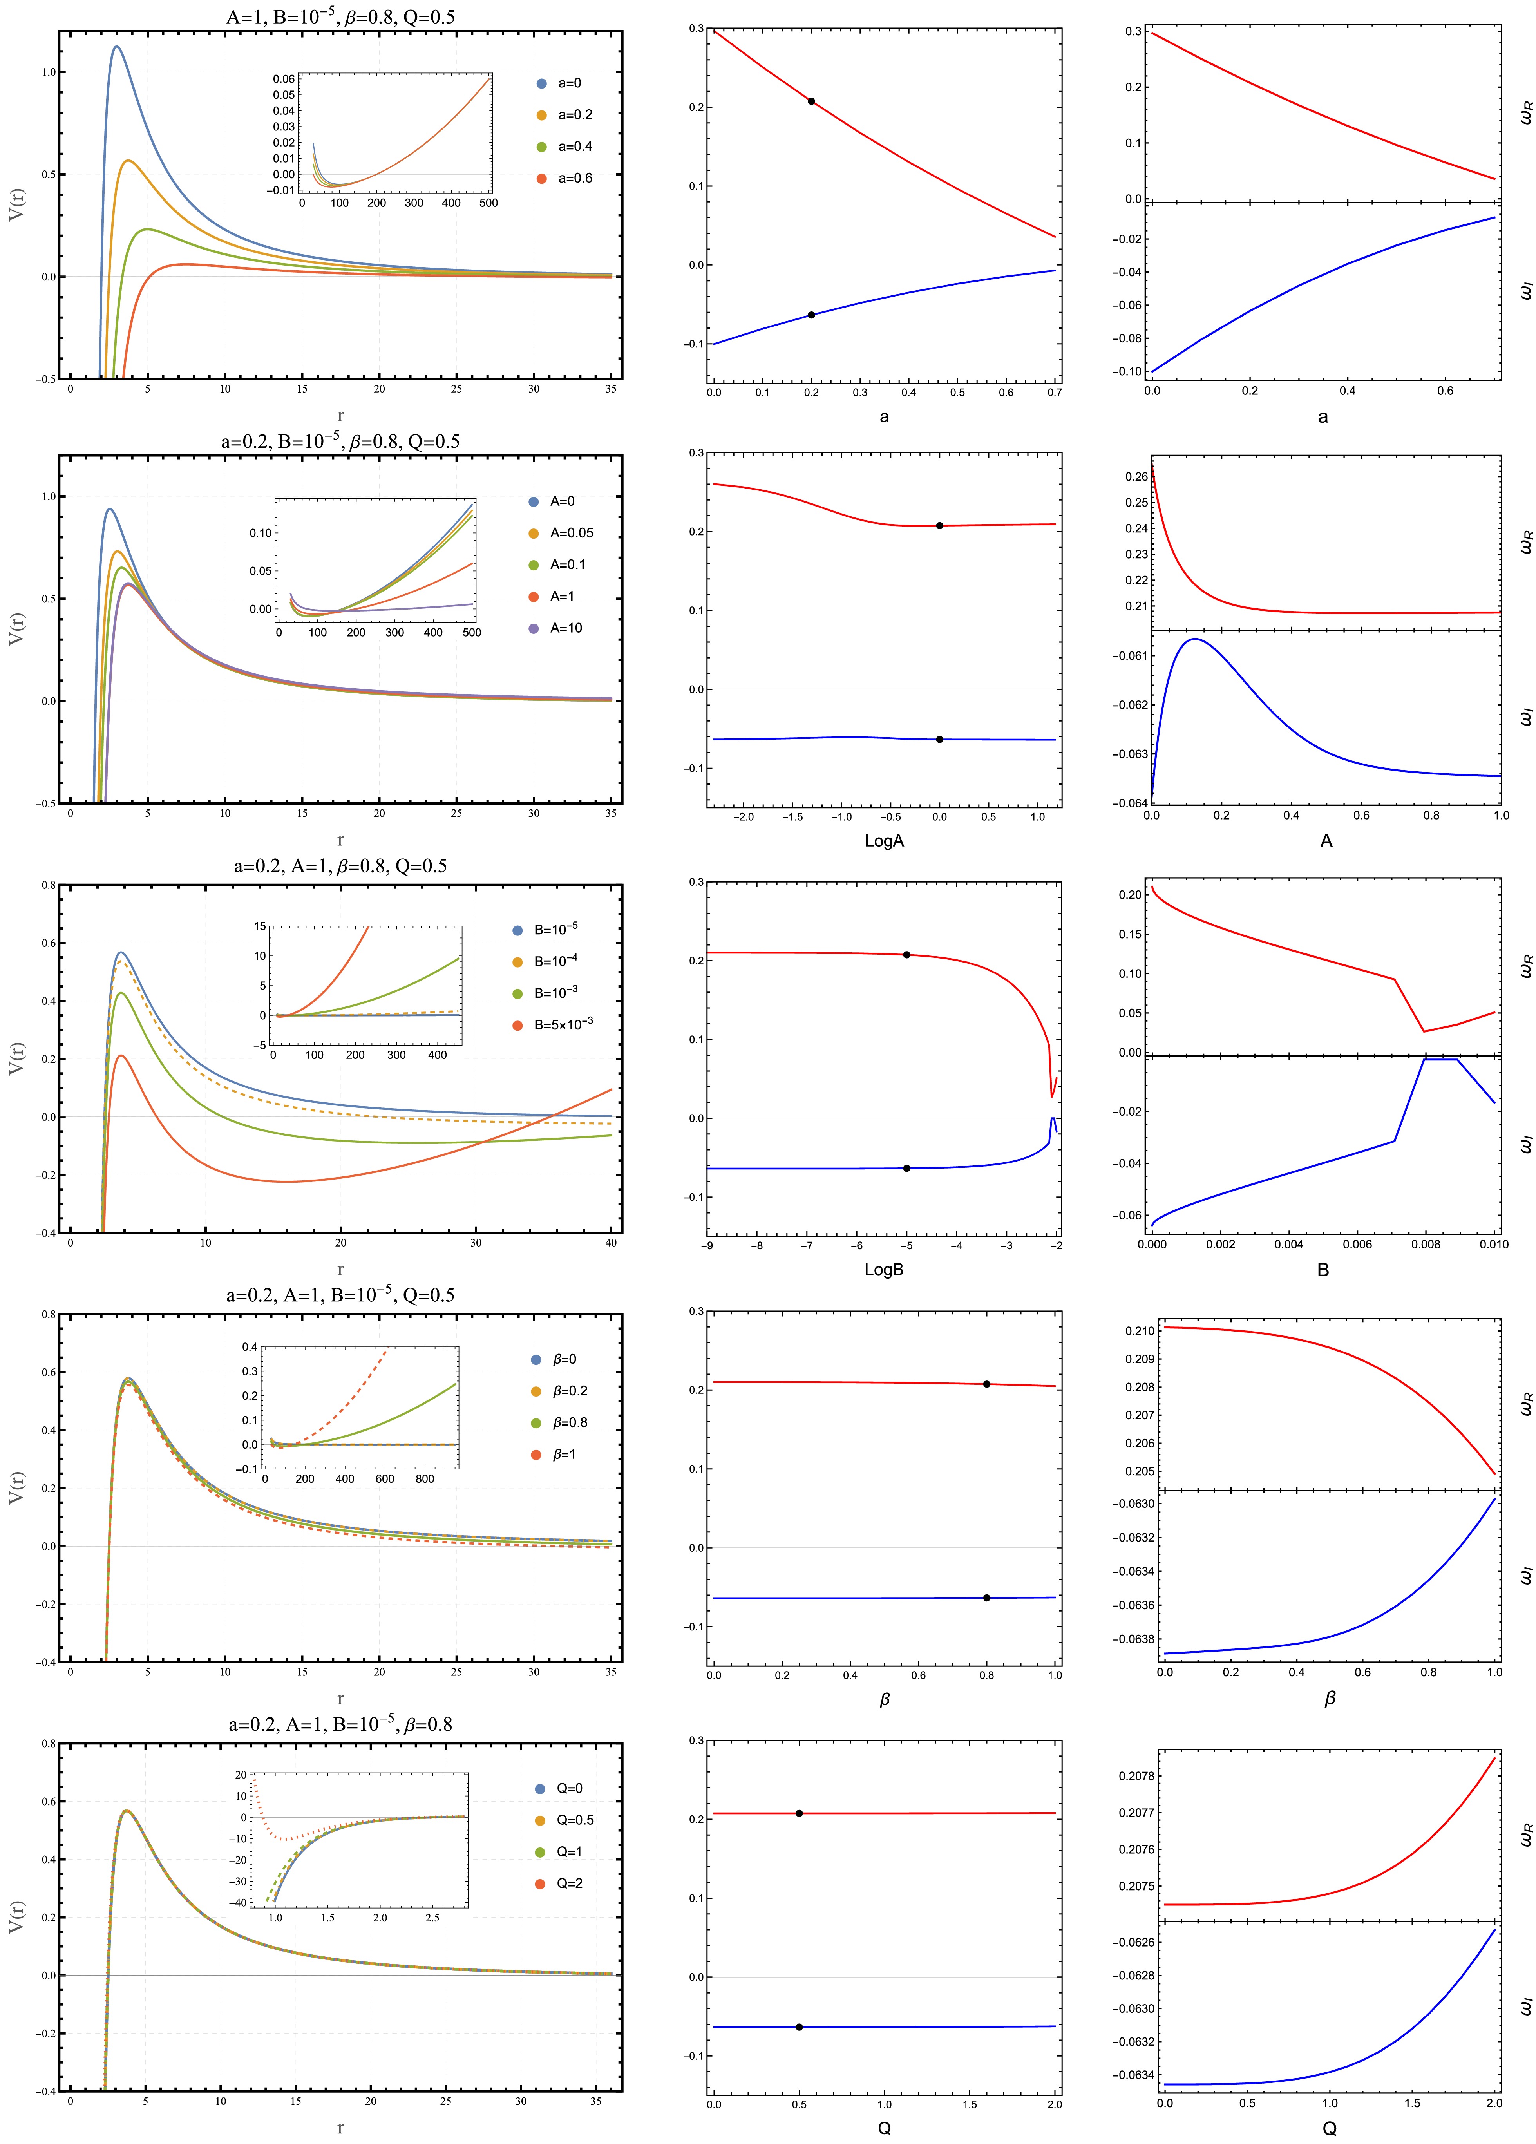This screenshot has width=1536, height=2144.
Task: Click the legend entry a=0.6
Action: coord(565,178)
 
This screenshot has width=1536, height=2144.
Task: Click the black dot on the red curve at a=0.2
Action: coord(811,101)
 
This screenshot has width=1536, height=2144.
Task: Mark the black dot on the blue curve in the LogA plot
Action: coord(939,739)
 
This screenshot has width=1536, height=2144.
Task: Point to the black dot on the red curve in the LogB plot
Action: coord(906,955)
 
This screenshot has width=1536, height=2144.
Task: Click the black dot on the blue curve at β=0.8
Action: coord(987,1598)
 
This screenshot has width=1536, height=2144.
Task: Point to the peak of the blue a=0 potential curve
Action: coord(116,46)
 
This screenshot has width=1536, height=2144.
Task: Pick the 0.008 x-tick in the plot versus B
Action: coord(1426,1244)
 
